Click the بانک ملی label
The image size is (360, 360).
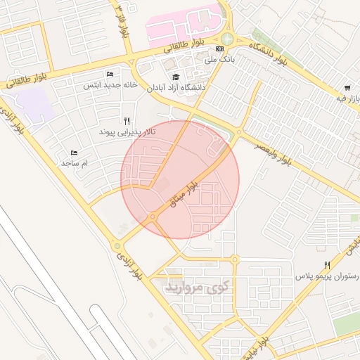click(x=218, y=60)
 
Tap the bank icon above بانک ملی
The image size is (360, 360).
click(x=220, y=49)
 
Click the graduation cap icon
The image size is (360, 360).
click(x=175, y=77)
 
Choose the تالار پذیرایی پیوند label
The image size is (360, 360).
click(x=127, y=131)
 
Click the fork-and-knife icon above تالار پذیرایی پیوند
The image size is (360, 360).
click(x=127, y=121)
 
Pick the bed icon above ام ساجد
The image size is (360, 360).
click(x=74, y=153)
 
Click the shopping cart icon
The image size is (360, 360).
click(x=347, y=88)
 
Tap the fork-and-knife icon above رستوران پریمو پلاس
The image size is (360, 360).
click(x=327, y=265)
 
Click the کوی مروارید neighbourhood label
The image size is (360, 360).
click(x=197, y=287)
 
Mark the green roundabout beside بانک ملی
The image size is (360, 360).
click(x=227, y=39)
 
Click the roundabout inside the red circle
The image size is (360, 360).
click(x=153, y=217)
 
